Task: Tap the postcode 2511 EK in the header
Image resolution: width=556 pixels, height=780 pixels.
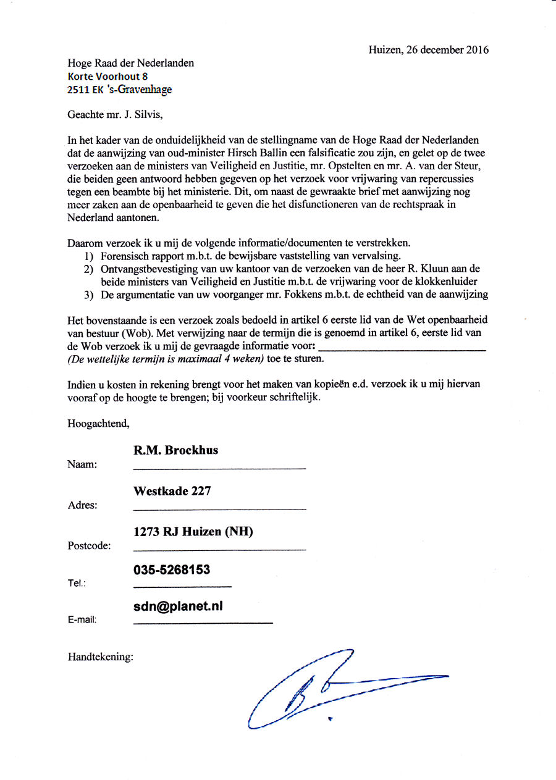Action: click(x=85, y=90)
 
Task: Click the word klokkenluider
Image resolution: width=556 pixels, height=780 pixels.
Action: click(x=448, y=282)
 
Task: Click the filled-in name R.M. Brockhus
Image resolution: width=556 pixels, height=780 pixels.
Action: click(x=175, y=450)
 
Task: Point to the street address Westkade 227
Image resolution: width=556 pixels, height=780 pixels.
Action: click(x=172, y=492)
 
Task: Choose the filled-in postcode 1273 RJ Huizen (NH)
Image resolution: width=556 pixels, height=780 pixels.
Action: click(x=193, y=532)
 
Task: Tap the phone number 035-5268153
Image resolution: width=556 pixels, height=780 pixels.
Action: click(x=172, y=570)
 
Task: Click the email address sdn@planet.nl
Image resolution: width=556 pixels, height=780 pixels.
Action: click(x=178, y=606)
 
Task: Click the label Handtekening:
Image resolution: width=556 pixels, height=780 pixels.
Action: click(x=100, y=657)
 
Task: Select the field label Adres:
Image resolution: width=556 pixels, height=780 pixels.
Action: click(x=82, y=505)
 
